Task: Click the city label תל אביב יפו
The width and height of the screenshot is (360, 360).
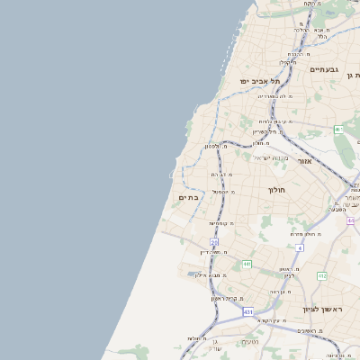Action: [258, 81]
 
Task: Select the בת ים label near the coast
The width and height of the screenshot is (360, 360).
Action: [189, 197]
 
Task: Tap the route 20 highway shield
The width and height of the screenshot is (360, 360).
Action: [214, 242]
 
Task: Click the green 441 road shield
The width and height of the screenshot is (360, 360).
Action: [247, 265]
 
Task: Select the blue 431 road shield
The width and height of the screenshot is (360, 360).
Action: [247, 311]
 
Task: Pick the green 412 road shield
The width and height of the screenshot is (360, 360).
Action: [339, 130]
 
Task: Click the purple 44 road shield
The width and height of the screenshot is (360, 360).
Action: [351, 220]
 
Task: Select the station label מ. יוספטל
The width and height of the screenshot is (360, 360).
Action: [224, 192]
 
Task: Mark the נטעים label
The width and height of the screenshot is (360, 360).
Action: [251, 342]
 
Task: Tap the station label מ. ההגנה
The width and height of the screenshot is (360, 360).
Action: [296, 54]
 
